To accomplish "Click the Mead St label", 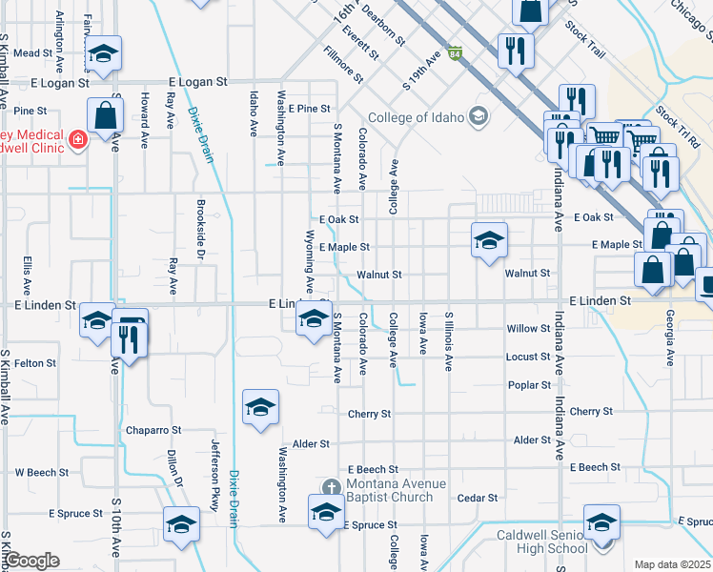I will [32, 53].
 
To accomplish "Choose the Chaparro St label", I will [153, 431].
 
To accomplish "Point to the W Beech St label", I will [41, 472].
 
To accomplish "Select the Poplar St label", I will [529, 385].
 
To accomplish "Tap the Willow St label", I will [529, 329].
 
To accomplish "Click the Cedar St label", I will [478, 498].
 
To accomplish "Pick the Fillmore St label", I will [343, 64].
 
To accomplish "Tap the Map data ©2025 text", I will [672, 564].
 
